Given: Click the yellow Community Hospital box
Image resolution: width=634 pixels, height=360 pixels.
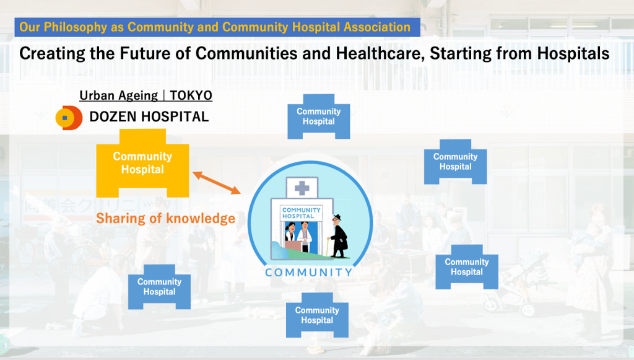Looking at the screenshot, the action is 142,163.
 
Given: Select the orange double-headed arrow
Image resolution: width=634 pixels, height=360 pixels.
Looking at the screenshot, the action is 217,183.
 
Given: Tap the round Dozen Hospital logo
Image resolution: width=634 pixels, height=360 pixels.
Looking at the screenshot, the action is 69,118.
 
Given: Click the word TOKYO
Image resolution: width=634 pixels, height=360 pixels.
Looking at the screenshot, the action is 191,95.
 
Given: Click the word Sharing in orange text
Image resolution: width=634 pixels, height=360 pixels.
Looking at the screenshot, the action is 121,219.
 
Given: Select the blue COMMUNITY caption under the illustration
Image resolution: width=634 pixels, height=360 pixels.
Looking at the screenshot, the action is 309,273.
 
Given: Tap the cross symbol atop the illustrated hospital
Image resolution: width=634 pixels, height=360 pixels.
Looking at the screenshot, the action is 302,188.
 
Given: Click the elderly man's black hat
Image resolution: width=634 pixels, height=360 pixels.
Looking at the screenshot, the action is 336,217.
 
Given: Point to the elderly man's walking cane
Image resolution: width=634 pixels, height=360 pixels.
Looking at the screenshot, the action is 328,247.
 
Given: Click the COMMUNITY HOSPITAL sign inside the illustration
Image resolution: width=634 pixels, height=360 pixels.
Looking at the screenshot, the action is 302,213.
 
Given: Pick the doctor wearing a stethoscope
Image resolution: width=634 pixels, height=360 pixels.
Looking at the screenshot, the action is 305,237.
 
